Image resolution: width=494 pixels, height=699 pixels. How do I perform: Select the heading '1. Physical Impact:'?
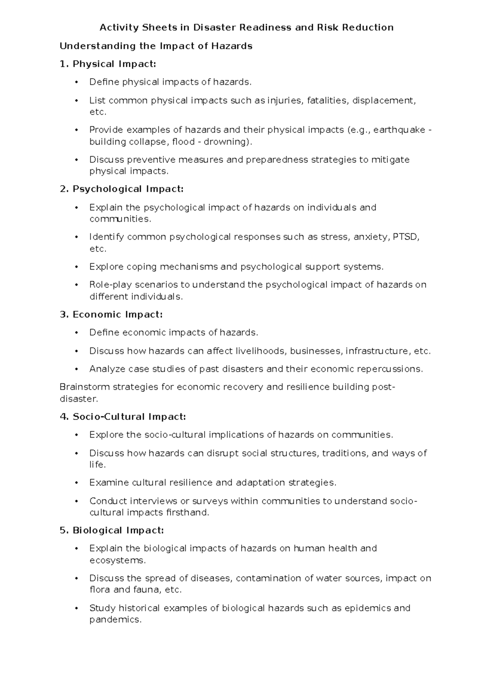[108, 64]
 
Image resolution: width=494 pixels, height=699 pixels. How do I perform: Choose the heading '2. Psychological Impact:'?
[121, 189]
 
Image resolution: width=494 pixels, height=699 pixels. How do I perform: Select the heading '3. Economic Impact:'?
[111, 314]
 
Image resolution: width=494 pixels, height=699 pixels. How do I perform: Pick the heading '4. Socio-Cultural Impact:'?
[123, 417]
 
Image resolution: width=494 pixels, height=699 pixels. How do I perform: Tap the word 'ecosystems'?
[117, 561]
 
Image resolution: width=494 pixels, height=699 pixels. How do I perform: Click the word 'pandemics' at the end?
[115, 620]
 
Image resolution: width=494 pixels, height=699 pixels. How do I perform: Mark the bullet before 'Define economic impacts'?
[76, 333]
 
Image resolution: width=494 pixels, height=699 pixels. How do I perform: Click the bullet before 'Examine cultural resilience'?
[76, 483]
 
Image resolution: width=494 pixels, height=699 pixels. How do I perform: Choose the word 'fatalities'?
[328, 101]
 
